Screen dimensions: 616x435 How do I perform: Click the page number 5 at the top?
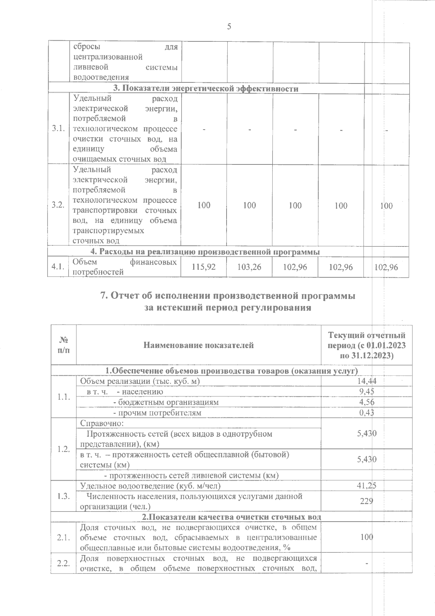click(x=229, y=26)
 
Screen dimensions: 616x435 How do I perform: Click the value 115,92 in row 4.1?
click(x=204, y=267)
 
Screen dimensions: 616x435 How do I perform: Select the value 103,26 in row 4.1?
click(x=249, y=267)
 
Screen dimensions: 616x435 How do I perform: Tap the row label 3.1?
click(x=58, y=129)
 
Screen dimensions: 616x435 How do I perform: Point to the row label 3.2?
click(x=58, y=205)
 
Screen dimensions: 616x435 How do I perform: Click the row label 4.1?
click(x=58, y=267)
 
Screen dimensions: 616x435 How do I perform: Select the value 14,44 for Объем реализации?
click(x=366, y=381)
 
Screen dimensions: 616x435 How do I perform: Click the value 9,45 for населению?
click(x=366, y=391)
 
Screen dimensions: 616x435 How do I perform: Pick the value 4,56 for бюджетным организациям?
click(x=366, y=402)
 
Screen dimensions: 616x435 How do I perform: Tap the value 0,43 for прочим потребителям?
click(x=366, y=412)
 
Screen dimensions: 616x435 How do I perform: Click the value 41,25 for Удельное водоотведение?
click(x=366, y=486)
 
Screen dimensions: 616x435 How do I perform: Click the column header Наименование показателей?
click(x=198, y=345)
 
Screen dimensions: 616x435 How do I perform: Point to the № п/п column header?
click(x=64, y=345)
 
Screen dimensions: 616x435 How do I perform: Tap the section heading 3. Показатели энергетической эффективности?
click(x=206, y=89)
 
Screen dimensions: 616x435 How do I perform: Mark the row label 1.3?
click(x=63, y=496)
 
